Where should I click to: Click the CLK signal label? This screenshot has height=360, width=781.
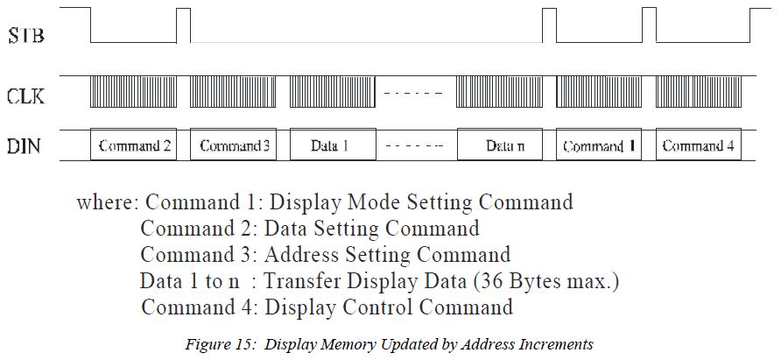25,95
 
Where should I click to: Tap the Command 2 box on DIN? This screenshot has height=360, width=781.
134,145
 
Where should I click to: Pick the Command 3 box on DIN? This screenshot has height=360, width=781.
234,145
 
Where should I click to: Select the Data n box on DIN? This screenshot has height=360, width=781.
500,145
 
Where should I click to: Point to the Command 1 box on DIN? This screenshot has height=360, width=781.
600,145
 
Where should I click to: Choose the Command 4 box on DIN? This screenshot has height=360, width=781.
699,145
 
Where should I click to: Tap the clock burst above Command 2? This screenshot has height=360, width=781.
134,91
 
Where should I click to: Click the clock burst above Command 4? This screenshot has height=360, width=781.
699,91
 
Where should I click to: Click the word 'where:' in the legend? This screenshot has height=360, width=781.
108,202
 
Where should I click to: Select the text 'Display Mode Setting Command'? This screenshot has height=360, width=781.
420,202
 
